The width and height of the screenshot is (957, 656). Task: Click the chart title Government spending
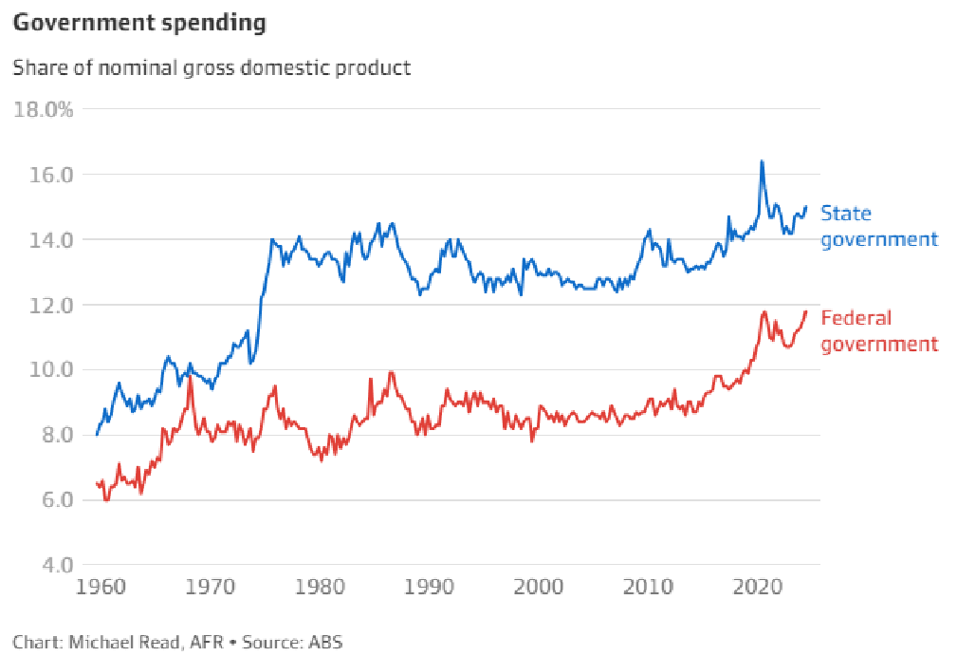[139, 24]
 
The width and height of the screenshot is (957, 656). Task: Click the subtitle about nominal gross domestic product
[212, 68]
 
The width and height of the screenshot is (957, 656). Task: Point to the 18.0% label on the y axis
[43, 109]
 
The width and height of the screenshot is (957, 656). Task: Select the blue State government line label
[878, 226]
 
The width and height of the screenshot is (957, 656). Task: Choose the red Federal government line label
[878, 330]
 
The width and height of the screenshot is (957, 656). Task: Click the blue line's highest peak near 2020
[761, 161]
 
